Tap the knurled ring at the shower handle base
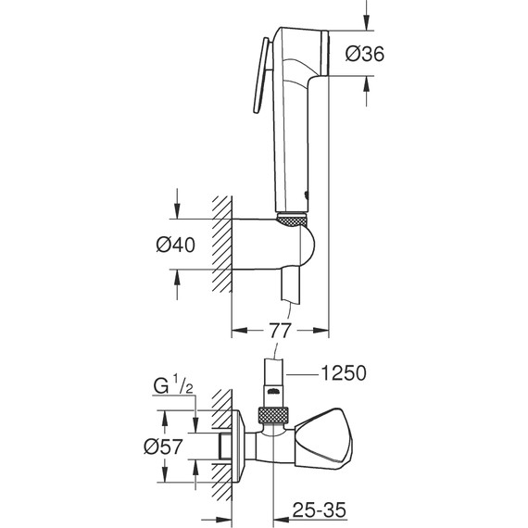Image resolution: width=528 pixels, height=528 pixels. [x=292, y=220]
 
